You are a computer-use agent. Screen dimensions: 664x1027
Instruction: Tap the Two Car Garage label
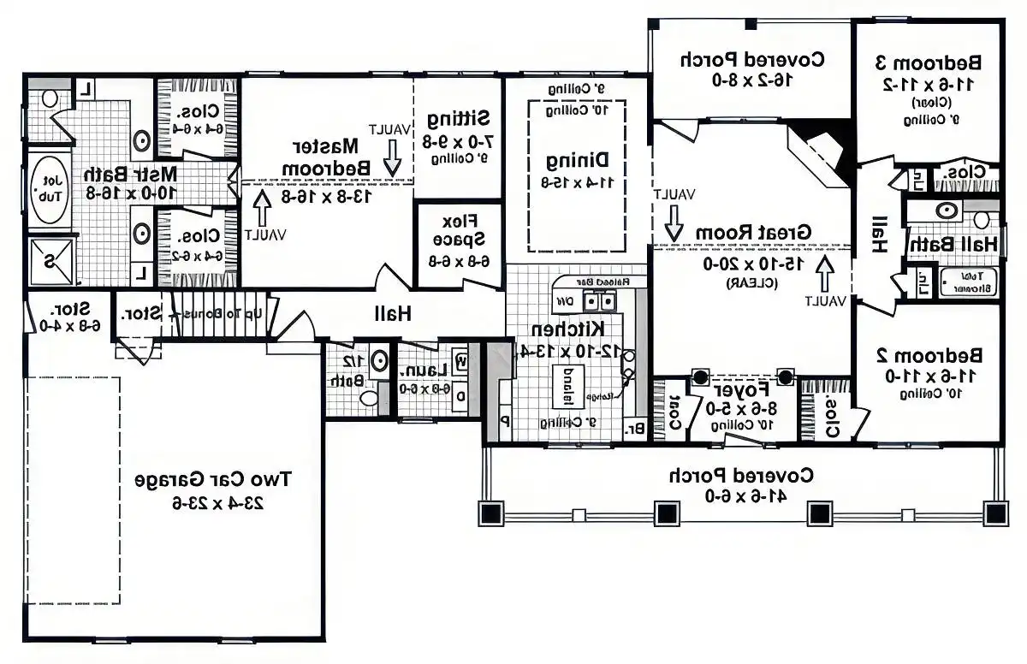[x=213, y=479]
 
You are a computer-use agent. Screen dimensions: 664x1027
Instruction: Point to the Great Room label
[x=752, y=232]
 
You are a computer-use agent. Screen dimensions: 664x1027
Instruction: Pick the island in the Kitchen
[x=567, y=386]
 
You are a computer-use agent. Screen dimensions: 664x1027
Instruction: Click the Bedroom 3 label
[x=928, y=62]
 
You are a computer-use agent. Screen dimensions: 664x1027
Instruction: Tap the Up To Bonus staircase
[x=217, y=312]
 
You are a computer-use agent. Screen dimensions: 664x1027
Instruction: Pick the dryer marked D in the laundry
[x=461, y=396]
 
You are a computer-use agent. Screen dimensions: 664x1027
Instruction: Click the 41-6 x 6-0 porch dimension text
[x=741, y=495]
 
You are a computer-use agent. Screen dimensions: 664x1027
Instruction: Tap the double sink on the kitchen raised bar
[x=600, y=301]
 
